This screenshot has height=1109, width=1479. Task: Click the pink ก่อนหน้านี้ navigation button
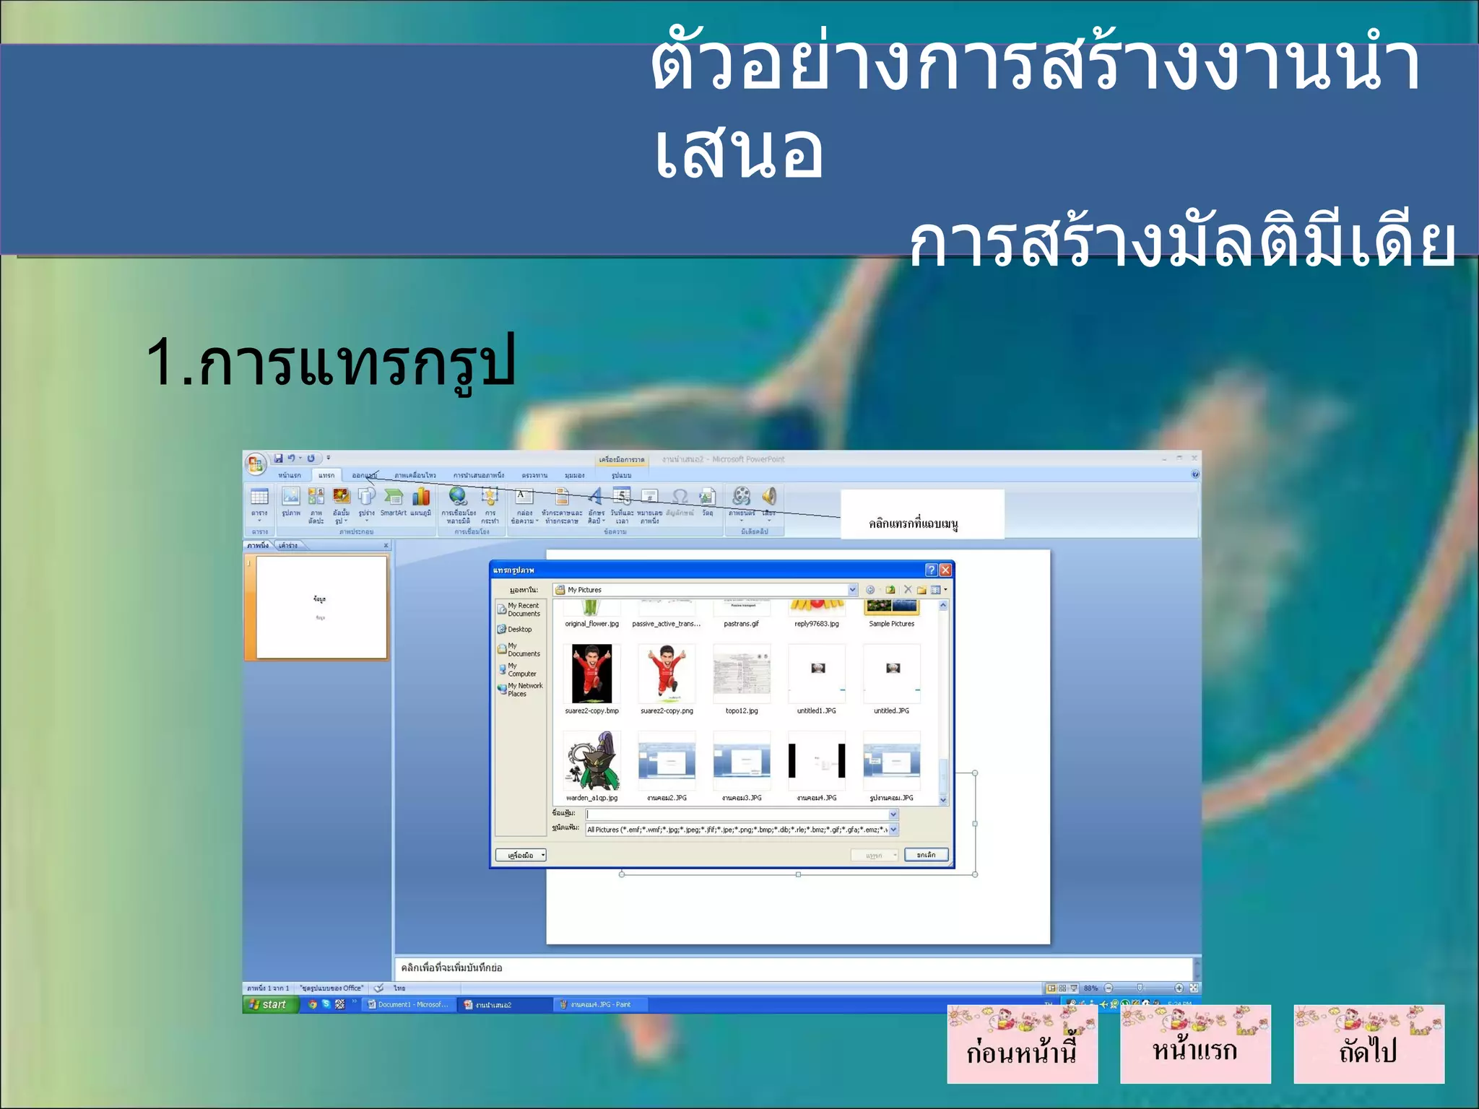pyautogui.click(x=1022, y=1045)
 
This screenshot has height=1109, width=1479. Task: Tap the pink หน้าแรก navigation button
pyautogui.click(x=1195, y=1045)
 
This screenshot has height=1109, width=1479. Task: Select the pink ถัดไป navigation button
pyautogui.click(x=1369, y=1045)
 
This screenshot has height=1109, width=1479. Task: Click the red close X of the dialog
pyautogui.click(x=945, y=570)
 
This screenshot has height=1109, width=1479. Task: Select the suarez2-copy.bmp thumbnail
pyautogui.click(x=591, y=674)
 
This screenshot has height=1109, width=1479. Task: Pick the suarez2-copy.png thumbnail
pyautogui.click(x=667, y=674)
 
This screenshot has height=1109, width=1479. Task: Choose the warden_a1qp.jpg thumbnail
pyautogui.click(x=591, y=761)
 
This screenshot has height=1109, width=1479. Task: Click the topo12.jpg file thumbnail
pyautogui.click(x=742, y=674)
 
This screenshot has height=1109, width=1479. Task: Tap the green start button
pyautogui.click(x=269, y=1004)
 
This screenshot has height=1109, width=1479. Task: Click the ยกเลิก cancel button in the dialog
pyautogui.click(x=926, y=855)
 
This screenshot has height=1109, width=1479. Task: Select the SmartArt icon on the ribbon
pyautogui.click(x=393, y=500)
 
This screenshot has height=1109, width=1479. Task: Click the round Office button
pyautogui.click(x=256, y=464)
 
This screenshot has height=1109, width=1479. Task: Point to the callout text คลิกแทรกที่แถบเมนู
pyautogui.click(x=914, y=523)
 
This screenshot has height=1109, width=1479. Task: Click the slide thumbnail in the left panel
pyautogui.click(x=321, y=607)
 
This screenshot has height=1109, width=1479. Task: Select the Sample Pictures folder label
pyautogui.click(x=891, y=624)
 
